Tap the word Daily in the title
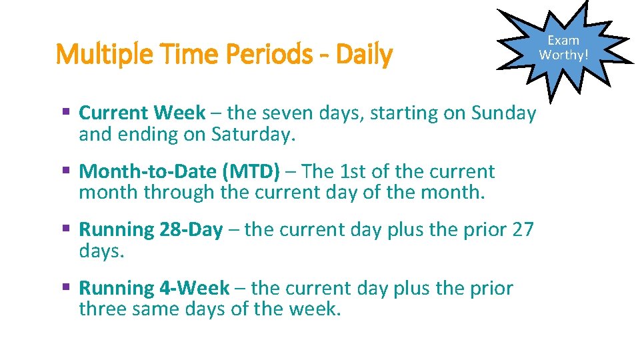(364, 55)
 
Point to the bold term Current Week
(142, 113)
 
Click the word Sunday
(503, 113)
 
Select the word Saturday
(252, 135)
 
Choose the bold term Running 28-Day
(151, 230)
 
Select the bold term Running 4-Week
(154, 288)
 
